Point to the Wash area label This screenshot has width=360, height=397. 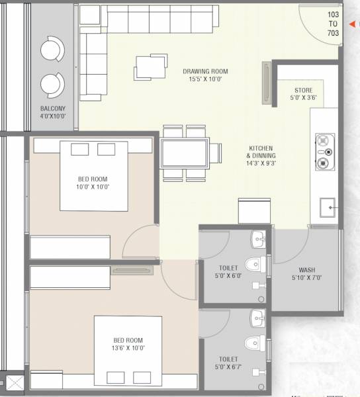click(x=306, y=273)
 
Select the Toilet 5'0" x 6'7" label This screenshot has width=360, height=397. click(x=228, y=362)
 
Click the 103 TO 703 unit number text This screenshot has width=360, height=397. click(x=332, y=23)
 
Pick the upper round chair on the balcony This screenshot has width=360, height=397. click(x=51, y=50)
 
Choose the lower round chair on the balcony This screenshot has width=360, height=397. click(x=51, y=85)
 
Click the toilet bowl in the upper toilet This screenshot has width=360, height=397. click(x=256, y=264)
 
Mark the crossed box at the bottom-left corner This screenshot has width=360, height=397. click(x=14, y=383)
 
